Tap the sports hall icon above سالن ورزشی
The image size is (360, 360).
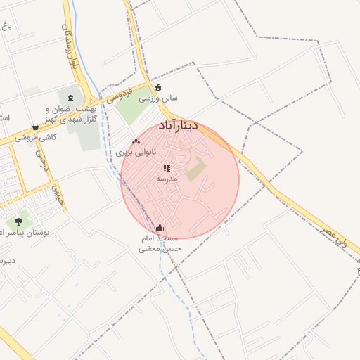(x=157, y=88)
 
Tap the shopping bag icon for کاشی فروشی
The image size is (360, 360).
(x=35, y=127)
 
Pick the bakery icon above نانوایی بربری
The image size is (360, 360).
(x=136, y=142)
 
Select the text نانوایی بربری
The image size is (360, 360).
(x=135, y=153)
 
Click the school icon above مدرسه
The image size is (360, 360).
(x=167, y=168)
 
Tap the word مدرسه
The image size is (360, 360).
(x=167, y=179)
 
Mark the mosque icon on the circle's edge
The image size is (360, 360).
(x=160, y=228)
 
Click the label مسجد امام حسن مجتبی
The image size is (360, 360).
(x=160, y=243)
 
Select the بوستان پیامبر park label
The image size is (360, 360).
(x=25, y=231)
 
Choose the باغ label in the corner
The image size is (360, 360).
(x=6, y=25)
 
